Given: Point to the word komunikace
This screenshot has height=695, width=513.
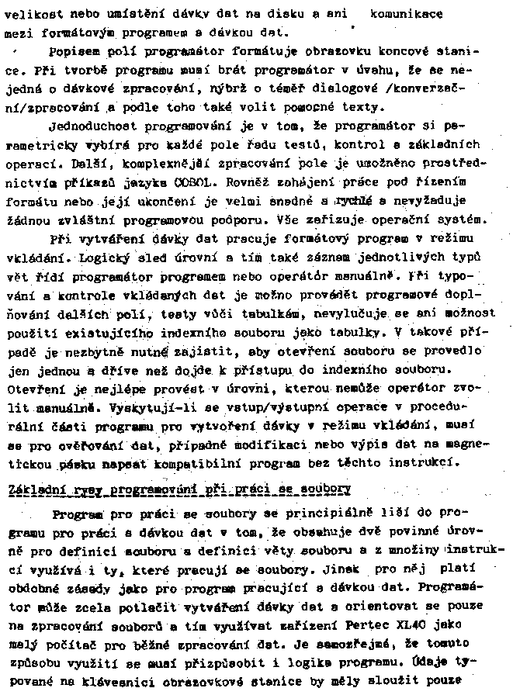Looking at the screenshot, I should coord(407,13).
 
